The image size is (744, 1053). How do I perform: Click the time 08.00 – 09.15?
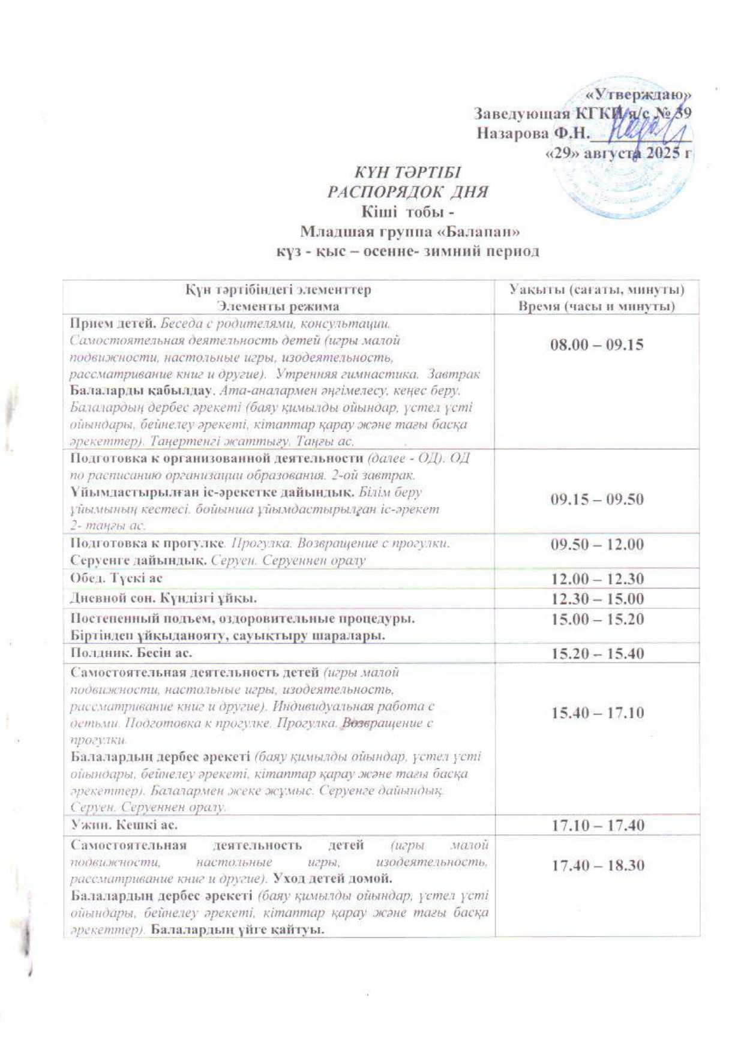click(597, 345)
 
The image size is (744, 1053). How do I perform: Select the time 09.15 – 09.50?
click(597, 499)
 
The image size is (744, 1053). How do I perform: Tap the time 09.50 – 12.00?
click(597, 544)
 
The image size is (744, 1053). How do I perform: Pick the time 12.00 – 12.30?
click(597, 578)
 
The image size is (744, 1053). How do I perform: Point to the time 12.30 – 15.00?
click(597, 598)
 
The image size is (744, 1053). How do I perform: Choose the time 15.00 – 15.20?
click(597, 618)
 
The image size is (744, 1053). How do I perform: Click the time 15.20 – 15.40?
click(597, 652)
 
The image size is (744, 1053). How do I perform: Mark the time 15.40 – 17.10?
click(597, 713)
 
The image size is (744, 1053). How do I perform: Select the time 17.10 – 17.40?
click(597, 826)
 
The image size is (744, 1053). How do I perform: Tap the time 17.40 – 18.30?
click(597, 865)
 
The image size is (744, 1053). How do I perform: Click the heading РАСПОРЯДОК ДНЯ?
click(407, 192)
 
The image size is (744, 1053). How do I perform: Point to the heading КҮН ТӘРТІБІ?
click(407, 172)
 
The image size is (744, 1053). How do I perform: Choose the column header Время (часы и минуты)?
click(596, 306)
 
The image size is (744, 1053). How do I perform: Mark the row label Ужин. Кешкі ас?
click(124, 825)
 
